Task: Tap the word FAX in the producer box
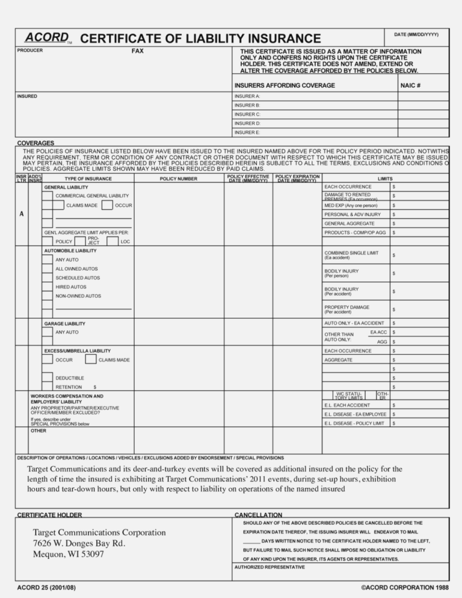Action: point(138,51)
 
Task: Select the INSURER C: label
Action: point(247,114)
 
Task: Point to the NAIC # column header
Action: point(410,85)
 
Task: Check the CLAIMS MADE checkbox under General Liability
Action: point(48,206)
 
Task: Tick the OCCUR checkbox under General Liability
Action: point(107,206)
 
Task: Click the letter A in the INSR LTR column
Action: point(22,215)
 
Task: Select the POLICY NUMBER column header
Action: point(178,179)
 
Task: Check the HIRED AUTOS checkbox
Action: point(48,288)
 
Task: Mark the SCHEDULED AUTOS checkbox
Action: point(48,279)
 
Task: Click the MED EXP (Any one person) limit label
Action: point(351,206)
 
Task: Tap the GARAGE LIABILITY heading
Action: point(64,324)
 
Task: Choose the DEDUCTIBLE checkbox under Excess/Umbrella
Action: point(48,378)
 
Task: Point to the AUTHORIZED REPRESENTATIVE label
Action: point(269,567)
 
